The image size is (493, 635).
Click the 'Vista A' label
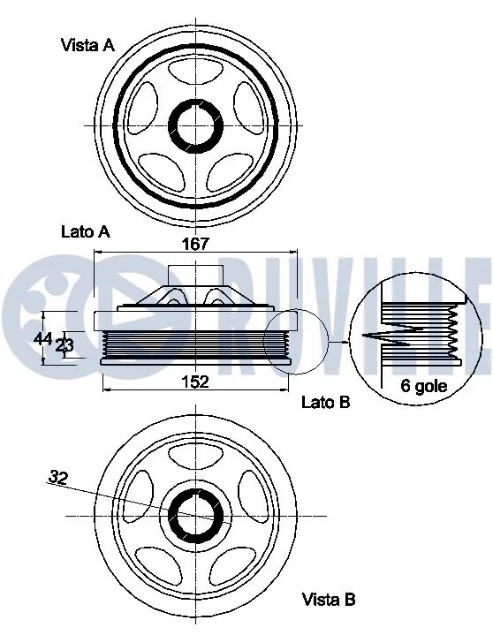click(87, 44)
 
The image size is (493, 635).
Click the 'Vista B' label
click(329, 600)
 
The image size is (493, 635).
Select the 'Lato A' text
click(85, 232)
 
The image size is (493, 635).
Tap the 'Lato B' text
click(326, 402)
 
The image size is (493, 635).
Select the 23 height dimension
click(64, 345)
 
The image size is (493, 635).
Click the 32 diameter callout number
click(58, 478)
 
